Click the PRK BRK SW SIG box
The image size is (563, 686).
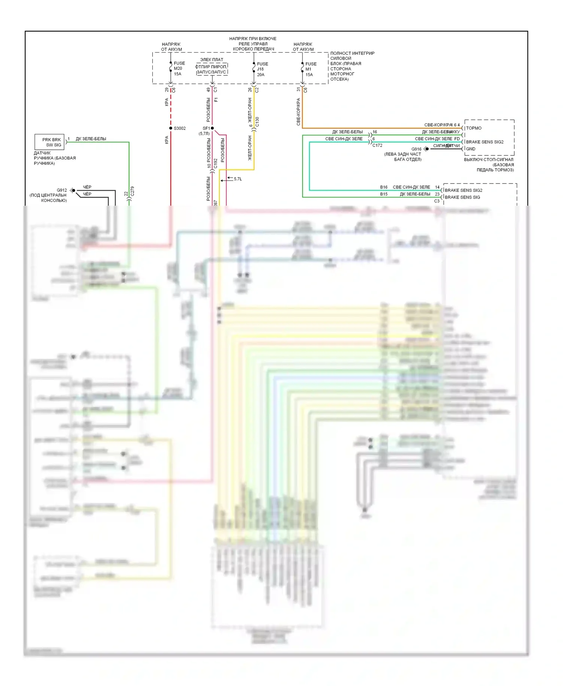tap(50, 142)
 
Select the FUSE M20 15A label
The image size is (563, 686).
tap(179, 69)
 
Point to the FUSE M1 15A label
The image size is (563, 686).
tap(310, 69)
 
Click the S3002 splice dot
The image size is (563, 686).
tap(171, 128)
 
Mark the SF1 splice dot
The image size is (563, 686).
tap(212, 128)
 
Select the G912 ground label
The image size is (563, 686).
tap(62, 190)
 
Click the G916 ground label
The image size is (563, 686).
tap(416, 149)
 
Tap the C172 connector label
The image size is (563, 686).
tap(377, 145)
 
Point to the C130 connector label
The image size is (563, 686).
tap(257, 122)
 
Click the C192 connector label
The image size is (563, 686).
tap(215, 163)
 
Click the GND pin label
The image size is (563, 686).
tap(470, 149)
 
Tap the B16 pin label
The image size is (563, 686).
tap(384, 187)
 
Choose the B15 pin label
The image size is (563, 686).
tap(384, 194)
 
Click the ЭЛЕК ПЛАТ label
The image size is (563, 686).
tap(211, 60)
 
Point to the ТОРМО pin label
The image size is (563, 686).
tap(474, 128)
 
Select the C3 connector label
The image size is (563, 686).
tap(437, 201)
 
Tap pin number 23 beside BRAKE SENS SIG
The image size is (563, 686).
tap(437, 194)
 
